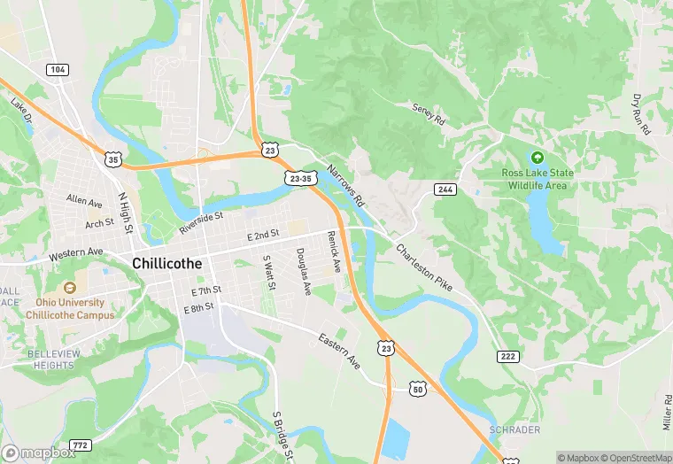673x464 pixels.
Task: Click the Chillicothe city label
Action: coord(167,263)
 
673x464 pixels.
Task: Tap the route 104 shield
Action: coord(58,69)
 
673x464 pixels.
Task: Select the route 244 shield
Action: coord(445,189)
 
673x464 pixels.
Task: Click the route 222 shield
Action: coord(507,355)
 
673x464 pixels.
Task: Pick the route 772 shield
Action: coord(80,444)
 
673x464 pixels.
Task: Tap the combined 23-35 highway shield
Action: coord(300,178)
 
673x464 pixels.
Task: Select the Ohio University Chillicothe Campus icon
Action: coord(69,288)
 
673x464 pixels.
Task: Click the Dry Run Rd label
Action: coord(641,115)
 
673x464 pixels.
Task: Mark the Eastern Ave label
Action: coord(340,352)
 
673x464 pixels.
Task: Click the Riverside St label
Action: coord(201,222)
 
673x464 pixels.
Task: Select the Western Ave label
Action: coord(76,253)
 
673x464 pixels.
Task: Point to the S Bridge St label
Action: coord(282,437)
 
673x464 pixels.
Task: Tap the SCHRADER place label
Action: coord(514,429)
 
